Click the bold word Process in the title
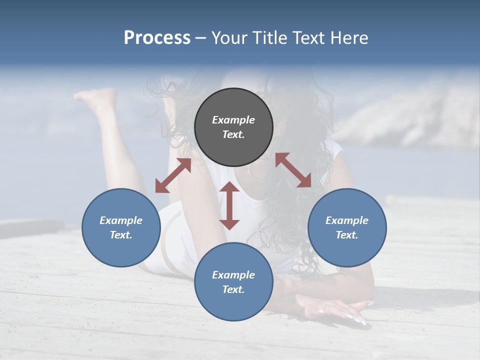[157, 38]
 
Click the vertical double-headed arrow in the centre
[229, 205]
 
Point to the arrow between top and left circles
[173, 175]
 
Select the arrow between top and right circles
[293, 170]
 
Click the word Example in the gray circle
[233, 120]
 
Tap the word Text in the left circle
[121, 235]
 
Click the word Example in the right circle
[347, 220]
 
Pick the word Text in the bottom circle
[233, 289]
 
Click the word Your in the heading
[227, 38]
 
